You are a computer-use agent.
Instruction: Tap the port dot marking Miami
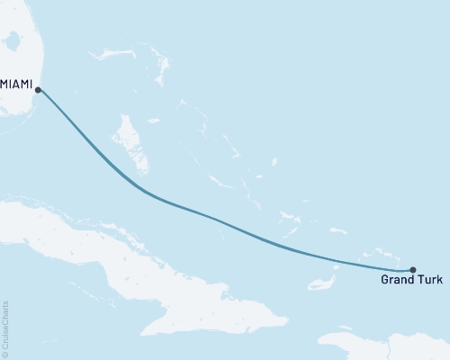click(37, 89)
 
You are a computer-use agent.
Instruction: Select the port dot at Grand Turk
click(412, 269)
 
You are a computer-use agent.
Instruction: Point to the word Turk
click(429, 282)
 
